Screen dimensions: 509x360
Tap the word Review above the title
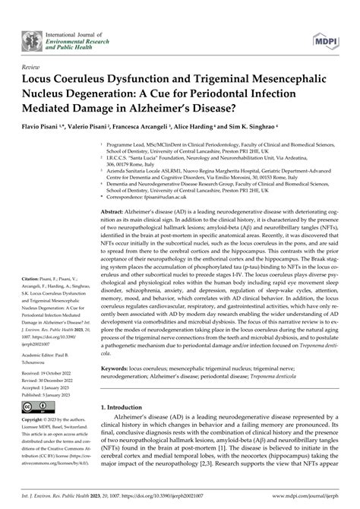[34, 68]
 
